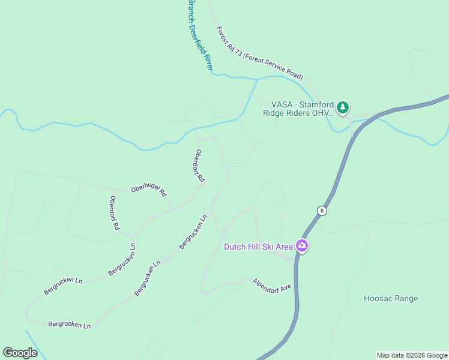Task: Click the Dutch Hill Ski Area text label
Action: pyautogui.click(x=258, y=247)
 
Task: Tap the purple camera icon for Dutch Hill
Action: pyautogui.click(x=301, y=246)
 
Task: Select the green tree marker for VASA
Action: pyautogui.click(x=342, y=107)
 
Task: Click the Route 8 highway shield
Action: pyautogui.click(x=322, y=210)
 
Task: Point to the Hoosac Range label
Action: pyautogui.click(x=391, y=298)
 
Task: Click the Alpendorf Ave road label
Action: pyautogui.click(x=271, y=284)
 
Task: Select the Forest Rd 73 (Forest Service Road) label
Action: pyautogui.click(x=259, y=53)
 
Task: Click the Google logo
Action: pyautogui.click(x=20, y=353)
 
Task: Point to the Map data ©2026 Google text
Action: pyautogui.click(x=412, y=355)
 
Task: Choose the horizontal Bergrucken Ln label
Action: pyautogui.click(x=69, y=325)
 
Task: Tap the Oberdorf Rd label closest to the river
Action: pyautogui.click(x=199, y=166)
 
